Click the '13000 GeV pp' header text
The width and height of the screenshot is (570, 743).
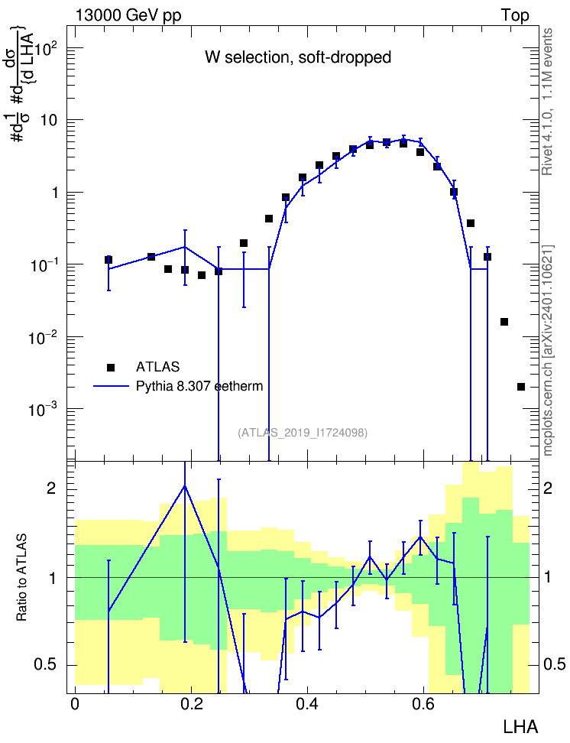coord(128,15)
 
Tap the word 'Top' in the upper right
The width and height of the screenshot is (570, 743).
coord(515,15)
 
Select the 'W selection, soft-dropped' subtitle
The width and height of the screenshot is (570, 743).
coord(298,57)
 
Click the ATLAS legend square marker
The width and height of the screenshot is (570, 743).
coord(111,367)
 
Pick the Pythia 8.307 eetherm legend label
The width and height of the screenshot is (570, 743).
coord(199,386)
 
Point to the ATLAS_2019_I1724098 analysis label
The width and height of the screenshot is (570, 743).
coord(303,433)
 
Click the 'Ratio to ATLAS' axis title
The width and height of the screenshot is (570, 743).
coord(21,578)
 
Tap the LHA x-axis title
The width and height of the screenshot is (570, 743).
coord(521,727)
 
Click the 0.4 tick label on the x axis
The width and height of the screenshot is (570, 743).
coord(307,704)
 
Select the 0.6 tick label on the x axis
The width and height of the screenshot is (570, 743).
coord(423,704)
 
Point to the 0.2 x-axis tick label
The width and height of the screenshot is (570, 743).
coord(191,704)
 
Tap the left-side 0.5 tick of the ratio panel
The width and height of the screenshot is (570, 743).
coord(44,665)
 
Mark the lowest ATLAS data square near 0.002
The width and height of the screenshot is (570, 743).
coord(521,387)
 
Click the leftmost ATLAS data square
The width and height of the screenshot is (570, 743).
coord(108,260)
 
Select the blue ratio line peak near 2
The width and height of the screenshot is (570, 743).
coord(185,485)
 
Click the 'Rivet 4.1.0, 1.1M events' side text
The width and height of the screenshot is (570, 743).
coord(548,102)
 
